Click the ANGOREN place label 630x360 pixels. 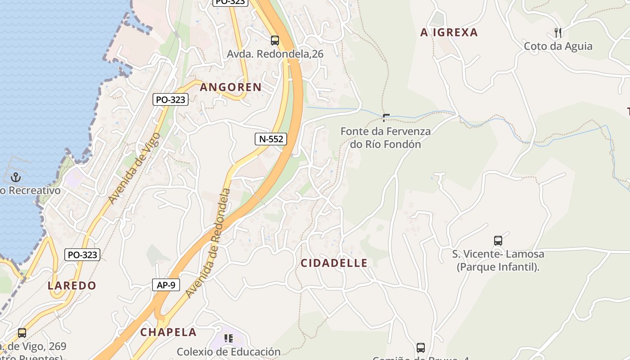tap(230, 87)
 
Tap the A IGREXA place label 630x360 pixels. tap(449, 32)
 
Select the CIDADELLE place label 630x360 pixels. tap(334, 263)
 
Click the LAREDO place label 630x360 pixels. tap(72, 286)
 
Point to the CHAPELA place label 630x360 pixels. tap(168, 333)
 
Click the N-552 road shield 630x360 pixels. tap(271, 139)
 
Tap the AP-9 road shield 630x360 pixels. tap(166, 285)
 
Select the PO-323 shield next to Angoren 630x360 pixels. tap(170, 99)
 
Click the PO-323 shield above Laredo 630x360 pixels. tap(82, 255)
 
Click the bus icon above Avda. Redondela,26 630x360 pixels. tap(275, 40)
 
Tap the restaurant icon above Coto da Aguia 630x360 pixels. tap(558, 32)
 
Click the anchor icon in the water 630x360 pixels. tap(16, 177)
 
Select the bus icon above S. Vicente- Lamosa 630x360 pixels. tap(498, 241)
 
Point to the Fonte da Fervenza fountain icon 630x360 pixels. tap(386, 118)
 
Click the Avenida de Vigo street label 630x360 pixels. tap(135, 168)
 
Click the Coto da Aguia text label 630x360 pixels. tap(558, 46)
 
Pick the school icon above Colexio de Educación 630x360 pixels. tap(229, 338)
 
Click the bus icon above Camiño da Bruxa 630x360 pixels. tap(421, 347)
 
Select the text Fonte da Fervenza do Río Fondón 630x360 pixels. tap(386, 138)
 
